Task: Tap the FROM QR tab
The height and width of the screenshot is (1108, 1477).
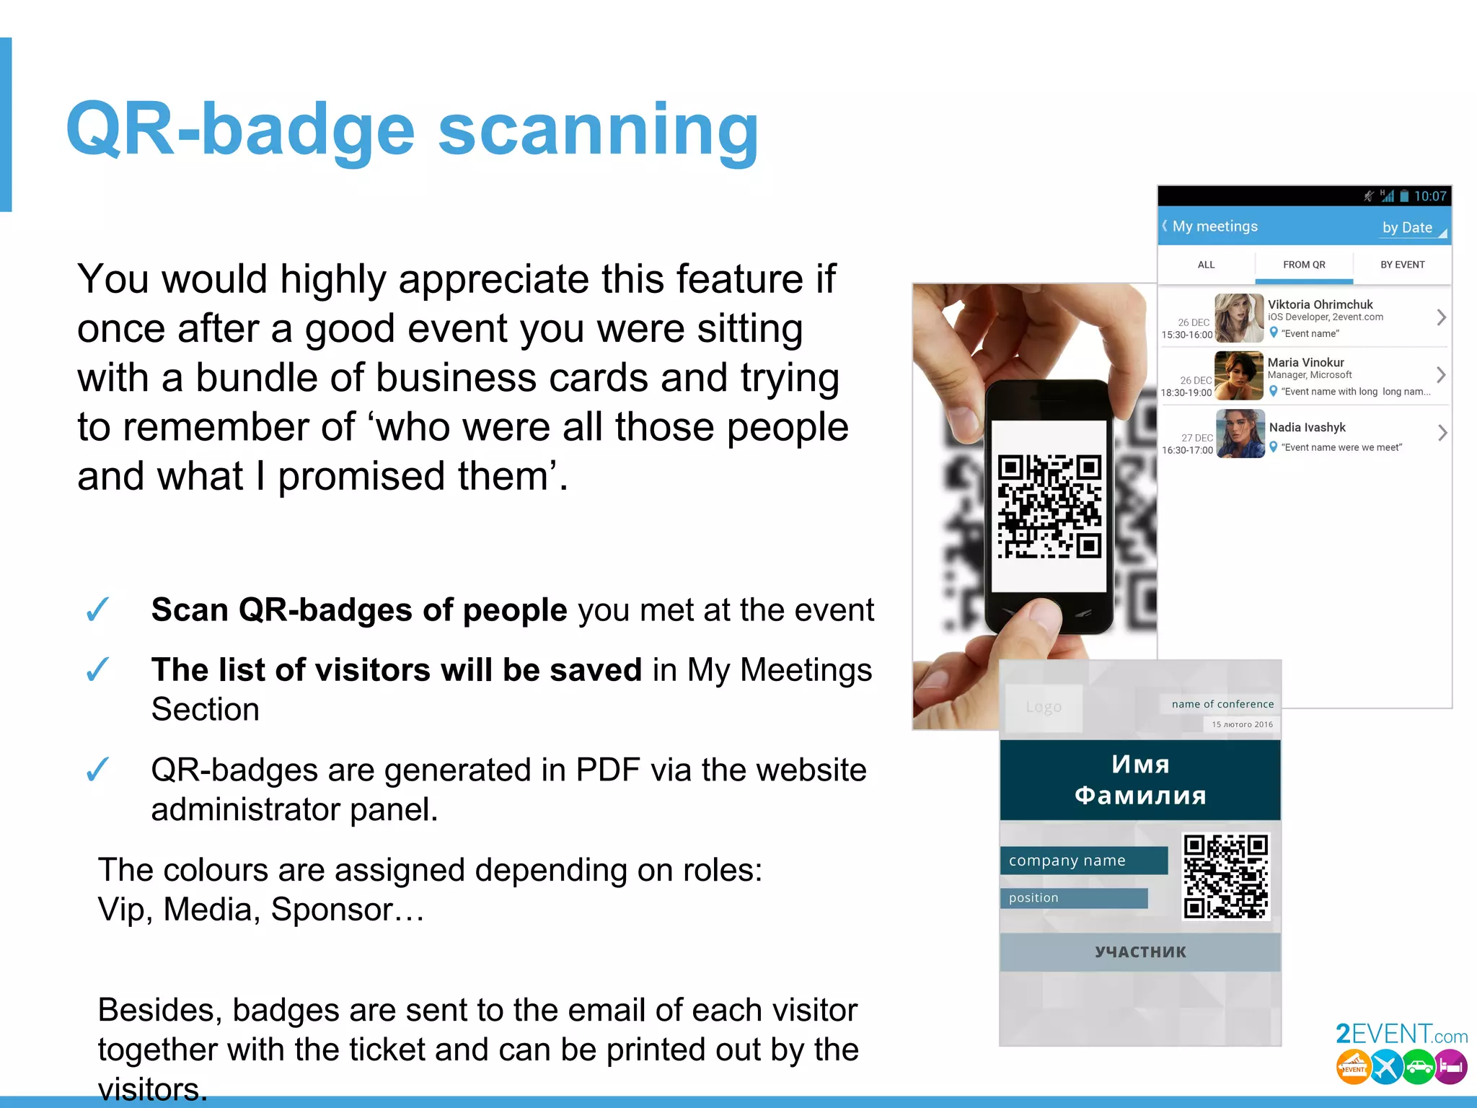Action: [1304, 265]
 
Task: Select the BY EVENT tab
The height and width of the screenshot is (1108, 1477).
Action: [1402, 265]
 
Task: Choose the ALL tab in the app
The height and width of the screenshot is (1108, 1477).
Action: [1206, 265]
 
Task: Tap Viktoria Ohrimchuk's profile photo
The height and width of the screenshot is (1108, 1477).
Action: [1239, 318]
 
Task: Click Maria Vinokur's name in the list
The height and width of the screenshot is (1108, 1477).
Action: [1305, 362]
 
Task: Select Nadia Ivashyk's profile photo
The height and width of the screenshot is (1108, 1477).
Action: [1240, 434]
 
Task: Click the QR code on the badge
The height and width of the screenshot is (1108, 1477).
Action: [1226, 876]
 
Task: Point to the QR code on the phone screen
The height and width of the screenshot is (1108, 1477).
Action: [1049, 506]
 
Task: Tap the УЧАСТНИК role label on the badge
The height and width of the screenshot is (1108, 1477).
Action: [1140, 952]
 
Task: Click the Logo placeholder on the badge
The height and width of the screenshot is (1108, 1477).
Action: [1044, 707]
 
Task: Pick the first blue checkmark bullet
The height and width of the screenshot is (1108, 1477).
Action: [97, 610]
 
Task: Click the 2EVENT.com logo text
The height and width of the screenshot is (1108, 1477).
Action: [1401, 1034]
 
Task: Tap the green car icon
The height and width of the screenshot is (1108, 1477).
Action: [1418, 1067]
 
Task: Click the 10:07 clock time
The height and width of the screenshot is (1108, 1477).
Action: [1429, 196]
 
